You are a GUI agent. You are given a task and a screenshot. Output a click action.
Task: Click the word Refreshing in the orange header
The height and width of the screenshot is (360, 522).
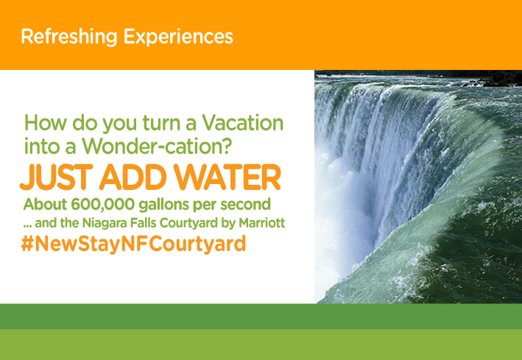(69, 38)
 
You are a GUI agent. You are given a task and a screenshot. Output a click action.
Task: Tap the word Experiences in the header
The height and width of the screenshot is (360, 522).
(178, 38)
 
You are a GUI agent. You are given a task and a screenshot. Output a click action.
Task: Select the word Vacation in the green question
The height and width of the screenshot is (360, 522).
(243, 122)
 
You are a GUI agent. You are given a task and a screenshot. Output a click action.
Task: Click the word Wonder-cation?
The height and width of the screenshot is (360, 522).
(157, 147)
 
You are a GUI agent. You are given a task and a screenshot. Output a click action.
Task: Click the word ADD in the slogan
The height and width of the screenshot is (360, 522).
(133, 177)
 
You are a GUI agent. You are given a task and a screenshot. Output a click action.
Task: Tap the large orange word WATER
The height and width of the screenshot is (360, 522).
(227, 177)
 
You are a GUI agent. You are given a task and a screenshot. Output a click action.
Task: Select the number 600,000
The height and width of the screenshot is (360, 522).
(103, 204)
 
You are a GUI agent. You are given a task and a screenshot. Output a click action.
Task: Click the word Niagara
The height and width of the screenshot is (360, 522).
(105, 224)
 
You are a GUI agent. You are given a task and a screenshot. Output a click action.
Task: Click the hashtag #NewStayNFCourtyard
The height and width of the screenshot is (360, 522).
(133, 244)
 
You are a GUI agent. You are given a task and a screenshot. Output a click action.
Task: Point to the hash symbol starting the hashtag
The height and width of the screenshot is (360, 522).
(27, 244)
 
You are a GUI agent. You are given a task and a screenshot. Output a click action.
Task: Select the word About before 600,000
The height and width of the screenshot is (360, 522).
(45, 204)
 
